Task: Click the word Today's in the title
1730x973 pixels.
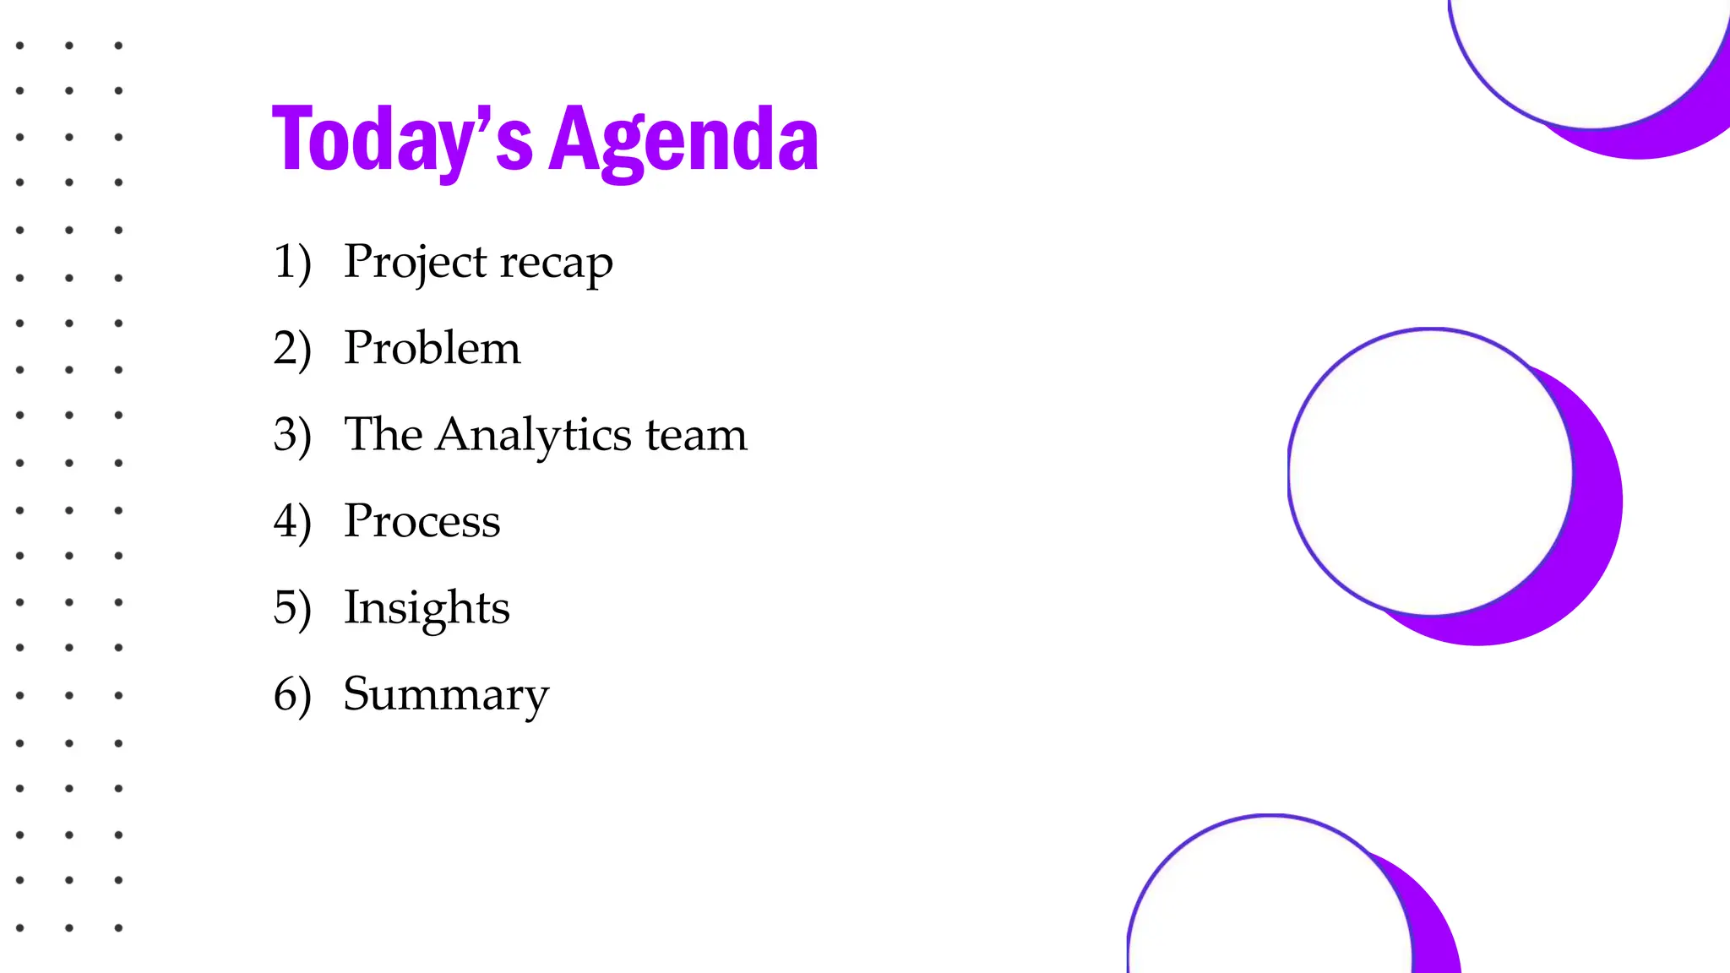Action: point(402,140)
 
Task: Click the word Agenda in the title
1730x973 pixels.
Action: point(683,140)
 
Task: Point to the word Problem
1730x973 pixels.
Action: point(432,348)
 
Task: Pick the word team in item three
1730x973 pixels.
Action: point(696,436)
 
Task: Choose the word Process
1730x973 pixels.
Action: point(422,521)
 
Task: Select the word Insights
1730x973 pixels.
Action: point(427,608)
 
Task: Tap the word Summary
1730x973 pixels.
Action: point(446,695)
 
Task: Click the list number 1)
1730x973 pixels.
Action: point(292,262)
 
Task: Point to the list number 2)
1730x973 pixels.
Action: point(292,348)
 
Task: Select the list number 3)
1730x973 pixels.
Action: point(292,435)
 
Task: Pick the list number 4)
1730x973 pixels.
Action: point(292,521)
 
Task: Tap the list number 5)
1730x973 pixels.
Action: point(292,608)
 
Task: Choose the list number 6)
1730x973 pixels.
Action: point(292,694)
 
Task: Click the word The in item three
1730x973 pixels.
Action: point(383,435)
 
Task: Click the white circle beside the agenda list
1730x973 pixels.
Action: point(1429,471)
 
